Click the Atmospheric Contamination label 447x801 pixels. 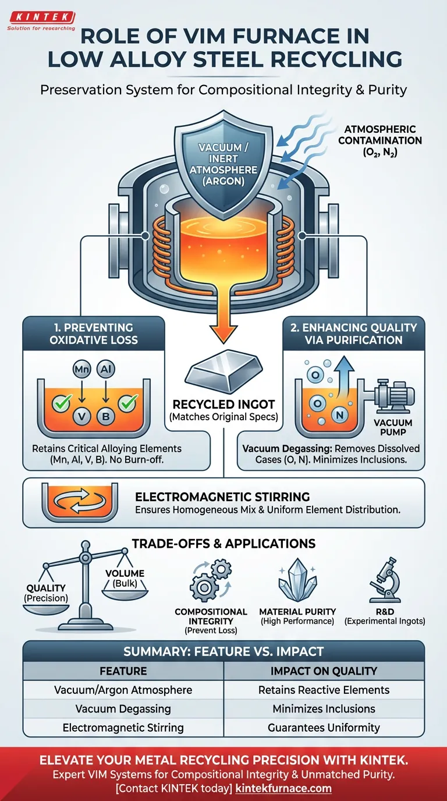(x=382, y=140)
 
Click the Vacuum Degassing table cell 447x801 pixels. (x=123, y=708)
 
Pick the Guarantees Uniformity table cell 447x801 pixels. (x=324, y=728)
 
